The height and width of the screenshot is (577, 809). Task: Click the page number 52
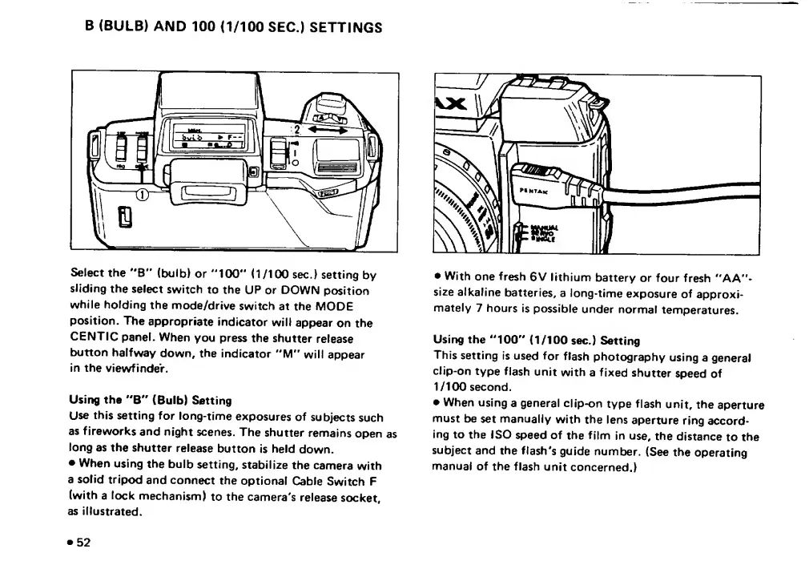[83, 542]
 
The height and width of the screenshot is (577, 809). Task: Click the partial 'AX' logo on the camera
[451, 103]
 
